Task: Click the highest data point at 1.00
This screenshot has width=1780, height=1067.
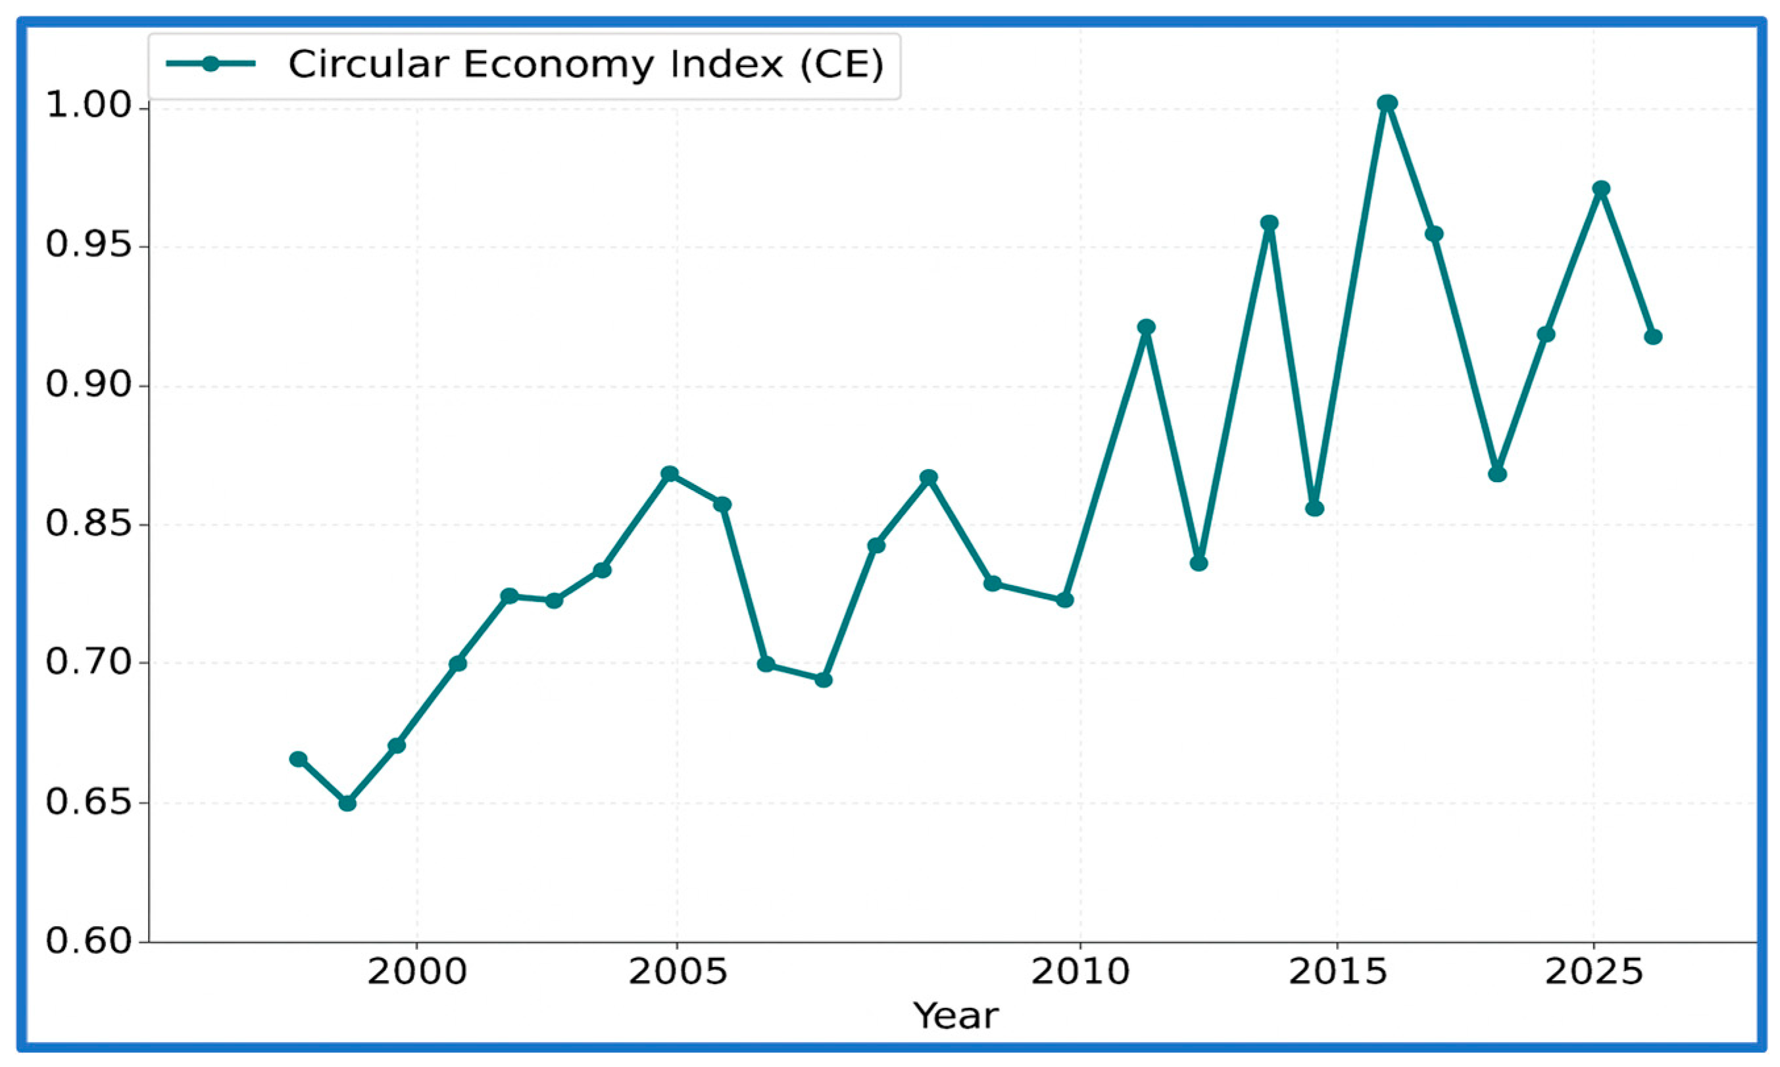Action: click(x=1387, y=103)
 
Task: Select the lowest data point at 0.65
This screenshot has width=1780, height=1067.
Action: click(x=347, y=803)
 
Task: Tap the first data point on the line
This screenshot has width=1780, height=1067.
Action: click(x=297, y=759)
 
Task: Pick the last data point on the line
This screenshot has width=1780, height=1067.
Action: click(x=1653, y=337)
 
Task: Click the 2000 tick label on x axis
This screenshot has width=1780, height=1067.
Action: click(x=417, y=973)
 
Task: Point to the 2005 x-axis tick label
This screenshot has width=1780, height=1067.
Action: click(x=678, y=973)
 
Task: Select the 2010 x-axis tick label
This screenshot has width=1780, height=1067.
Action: click(x=1080, y=973)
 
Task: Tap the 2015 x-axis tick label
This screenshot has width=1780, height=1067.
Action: click(x=1337, y=973)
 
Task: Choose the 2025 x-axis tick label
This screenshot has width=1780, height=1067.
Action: click(x=1594, y=973)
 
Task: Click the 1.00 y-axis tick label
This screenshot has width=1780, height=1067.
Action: click(x=90, y=107)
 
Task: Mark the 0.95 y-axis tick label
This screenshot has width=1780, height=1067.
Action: click(x=90, y=247)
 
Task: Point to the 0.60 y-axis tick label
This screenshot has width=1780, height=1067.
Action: click(x=90, y=941)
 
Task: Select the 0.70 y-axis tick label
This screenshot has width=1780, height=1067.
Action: click(x=90, y=663)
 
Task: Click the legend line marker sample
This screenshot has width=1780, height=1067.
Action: click(x=210, y=64)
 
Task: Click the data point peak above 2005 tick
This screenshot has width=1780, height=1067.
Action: click(x=669, y=474)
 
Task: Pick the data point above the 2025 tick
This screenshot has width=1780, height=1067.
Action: click(x=1600, y=189)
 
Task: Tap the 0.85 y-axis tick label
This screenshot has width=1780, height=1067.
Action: click(x=90, y=525)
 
